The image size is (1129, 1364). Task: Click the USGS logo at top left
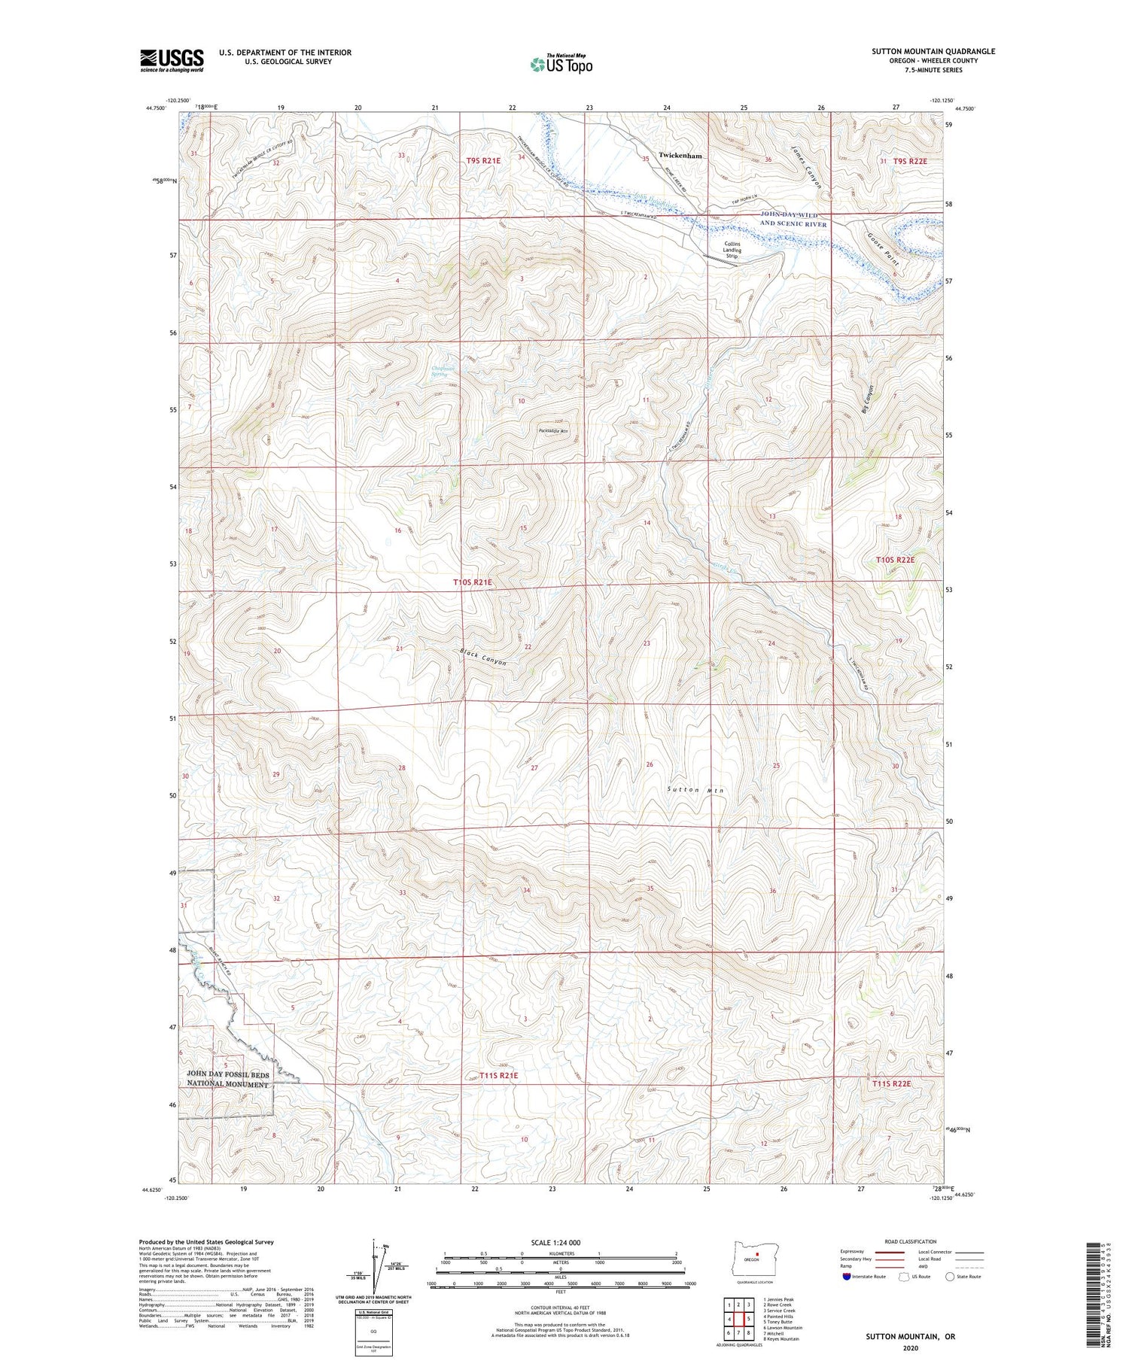(x=172, y=60)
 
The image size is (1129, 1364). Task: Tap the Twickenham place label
(x=680, y=156)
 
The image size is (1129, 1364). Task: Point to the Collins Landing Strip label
(x=732, y=250)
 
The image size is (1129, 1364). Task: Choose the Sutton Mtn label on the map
(x=695, y=790)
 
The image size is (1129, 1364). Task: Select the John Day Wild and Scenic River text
(x=793, y=220)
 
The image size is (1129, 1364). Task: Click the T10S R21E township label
(x=476, y=582)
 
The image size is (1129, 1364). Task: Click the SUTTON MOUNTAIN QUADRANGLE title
(x=933, y=51)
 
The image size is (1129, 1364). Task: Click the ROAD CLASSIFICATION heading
(x=910, y=1241)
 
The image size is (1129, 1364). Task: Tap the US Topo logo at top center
(x=560, y=64)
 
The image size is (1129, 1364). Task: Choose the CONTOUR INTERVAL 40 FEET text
(x=560, y=1308)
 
